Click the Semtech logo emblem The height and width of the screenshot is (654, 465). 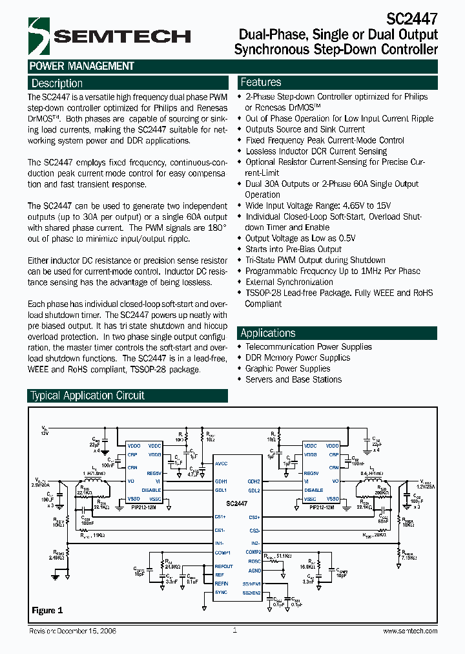(x=38, y=36)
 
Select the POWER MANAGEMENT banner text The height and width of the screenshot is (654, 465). (x=81, y=66)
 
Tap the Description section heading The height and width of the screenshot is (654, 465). (x=57, y=83)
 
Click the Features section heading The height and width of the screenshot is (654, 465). (x=260, y=82)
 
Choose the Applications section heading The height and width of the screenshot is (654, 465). (x=267, y=333)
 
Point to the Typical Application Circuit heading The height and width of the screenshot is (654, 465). (x=88, y=396)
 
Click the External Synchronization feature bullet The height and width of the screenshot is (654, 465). (x=289, y=282)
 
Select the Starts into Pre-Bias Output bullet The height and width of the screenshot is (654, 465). (x=293, y=249)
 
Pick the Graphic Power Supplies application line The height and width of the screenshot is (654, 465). (x=287, y=368)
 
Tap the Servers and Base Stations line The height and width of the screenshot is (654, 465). (x=293, y=379)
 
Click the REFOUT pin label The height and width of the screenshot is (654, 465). (x=225, y=566)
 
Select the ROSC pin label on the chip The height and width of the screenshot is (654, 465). (x=253, y=561)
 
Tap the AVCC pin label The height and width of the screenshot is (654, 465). (x=222, y=464)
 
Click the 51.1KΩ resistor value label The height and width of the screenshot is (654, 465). (x=284, y=555)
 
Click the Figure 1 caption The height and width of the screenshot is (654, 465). (x=47, y=610)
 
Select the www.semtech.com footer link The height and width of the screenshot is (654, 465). (x=409, y=631)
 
